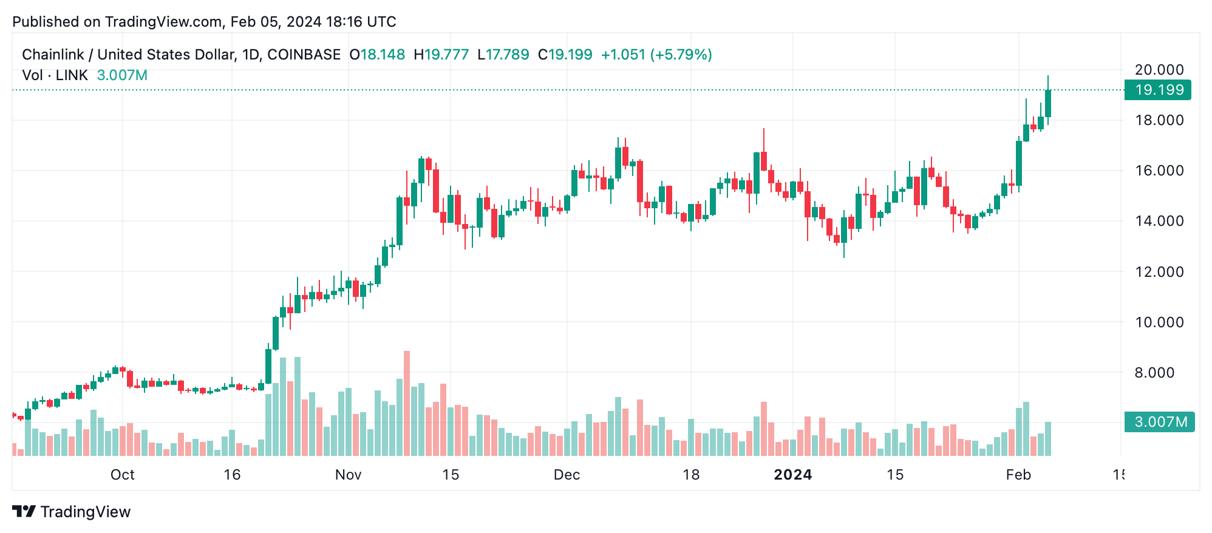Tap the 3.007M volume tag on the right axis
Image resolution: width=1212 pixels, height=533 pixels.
pyautogui.click(x=1159, y=422)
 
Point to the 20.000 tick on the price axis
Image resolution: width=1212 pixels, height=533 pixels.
pyautogui.click(x=1159, y=70)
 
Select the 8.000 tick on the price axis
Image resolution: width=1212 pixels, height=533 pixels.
pyautogui.click(x=1159, y=373)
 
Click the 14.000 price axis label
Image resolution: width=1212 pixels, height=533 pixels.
pyautogui.click(x=1159, y=221)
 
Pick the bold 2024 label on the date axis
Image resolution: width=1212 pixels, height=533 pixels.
pyautogui.click(x=792, y=475)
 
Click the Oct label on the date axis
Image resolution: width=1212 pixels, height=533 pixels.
pyautogui.click(x=122, y=475)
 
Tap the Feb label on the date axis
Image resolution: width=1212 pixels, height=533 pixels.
pyautogui.click(x=1018, y=475)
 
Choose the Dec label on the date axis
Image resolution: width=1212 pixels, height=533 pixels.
pyautogui.click(x=567, y=475)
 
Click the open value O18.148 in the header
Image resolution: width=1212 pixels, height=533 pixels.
pyautogui.click(x=377, y=55)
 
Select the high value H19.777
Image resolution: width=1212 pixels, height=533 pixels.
pyautogui.click(x=441, y=55)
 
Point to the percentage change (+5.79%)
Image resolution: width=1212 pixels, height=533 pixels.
pyautogui.click(x=681, y=55)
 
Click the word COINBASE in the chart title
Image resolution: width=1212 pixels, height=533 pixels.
pyautogui.click(x=304, y=55)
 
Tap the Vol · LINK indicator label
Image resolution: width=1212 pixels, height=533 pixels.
pyautogui.click(x=55, y=75)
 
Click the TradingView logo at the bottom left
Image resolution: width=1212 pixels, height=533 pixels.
pyautogui.click(x=72, y=512)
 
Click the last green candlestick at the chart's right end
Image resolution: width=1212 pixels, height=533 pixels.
pyautogui.click(x=1048, y=103)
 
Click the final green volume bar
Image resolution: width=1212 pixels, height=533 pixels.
pyautogui.click(x=1048, y=438)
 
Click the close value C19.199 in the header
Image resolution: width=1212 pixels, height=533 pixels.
pyautogui.click(x=565, y=55)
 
